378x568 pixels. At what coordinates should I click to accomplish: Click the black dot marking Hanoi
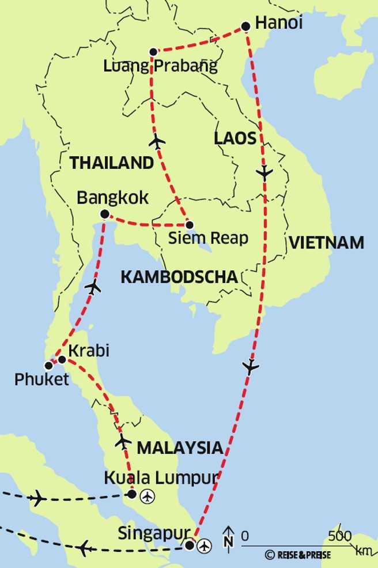tap(245, 26)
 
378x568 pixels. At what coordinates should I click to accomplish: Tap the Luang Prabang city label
tap(161, 66)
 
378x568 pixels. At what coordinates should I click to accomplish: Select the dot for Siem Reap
tap(189, 225)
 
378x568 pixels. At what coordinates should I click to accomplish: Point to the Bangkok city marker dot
tap(104, 214)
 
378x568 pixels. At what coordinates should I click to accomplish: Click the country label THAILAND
tap(112, 163)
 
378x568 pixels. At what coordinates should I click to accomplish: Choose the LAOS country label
tap(235, 138)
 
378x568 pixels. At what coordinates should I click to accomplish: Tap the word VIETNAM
tap(327, 243)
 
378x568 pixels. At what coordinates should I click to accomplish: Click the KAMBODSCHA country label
tap(179, 277)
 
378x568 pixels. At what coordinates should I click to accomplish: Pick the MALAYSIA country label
tap(179, 447)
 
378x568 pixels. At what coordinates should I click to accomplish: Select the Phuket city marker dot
tap(49, 365)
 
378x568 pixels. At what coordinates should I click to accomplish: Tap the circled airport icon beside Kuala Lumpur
tap(148, 495)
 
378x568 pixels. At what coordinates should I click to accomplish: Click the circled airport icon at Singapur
tap(205, 545)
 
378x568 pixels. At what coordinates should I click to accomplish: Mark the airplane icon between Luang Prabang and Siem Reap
tap(157, 141)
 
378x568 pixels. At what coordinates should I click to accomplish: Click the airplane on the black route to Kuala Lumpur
tap(37, 498)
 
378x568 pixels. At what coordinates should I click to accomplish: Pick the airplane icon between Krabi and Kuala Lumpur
tap(123, 442)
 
